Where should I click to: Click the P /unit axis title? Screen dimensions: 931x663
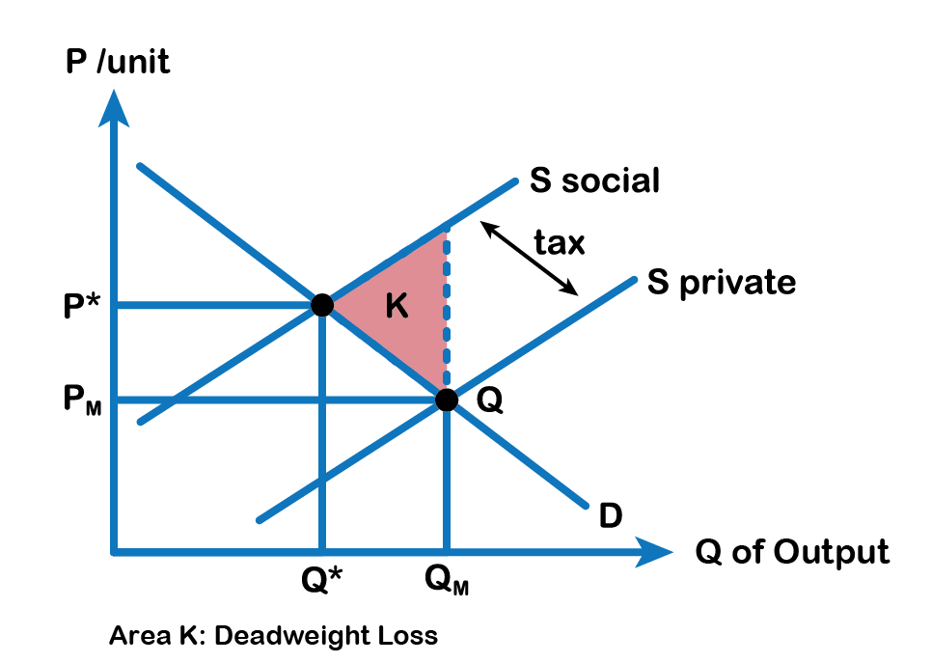click(x=118, y=62)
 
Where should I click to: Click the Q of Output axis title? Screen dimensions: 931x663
click(x=792, y=552)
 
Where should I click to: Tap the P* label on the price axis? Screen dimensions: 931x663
click(x=82, y=306)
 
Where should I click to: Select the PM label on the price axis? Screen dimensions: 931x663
click(x=82, y=400)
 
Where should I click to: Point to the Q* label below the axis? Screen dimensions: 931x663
click(x=322, y=579)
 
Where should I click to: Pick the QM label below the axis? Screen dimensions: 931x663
click(x=447, y=579)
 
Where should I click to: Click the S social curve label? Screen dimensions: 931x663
click(x=594, y=180)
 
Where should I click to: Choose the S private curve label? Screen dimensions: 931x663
click(x=722, y=282)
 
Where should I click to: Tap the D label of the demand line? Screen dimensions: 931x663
click(x=611, y=515)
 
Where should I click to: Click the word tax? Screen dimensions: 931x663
click(x=560, y=243)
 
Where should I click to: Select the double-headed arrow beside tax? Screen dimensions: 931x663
click(x=529, y=258)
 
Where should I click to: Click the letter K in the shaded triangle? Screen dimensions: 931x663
click(x=397, y=306)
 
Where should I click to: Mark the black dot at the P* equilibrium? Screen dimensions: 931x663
click(x=322, y=305)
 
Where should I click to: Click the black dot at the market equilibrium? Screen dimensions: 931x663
click(x=447, y=400)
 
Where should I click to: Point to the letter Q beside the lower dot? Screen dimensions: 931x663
click(x=490, y=400)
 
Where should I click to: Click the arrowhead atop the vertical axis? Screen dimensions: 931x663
click(x=114, y=108)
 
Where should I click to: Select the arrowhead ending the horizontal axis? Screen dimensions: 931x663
click(x=654, y=552)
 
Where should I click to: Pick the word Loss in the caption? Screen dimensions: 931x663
click(x=408, y=635)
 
